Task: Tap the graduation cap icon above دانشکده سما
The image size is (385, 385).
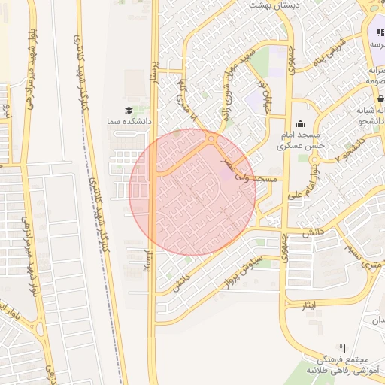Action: click(128, 110)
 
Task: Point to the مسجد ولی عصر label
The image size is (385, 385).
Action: click(249, 171)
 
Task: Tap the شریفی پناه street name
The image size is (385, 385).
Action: click(329, 50)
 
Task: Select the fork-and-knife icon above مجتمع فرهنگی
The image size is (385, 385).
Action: click(343, 348)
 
